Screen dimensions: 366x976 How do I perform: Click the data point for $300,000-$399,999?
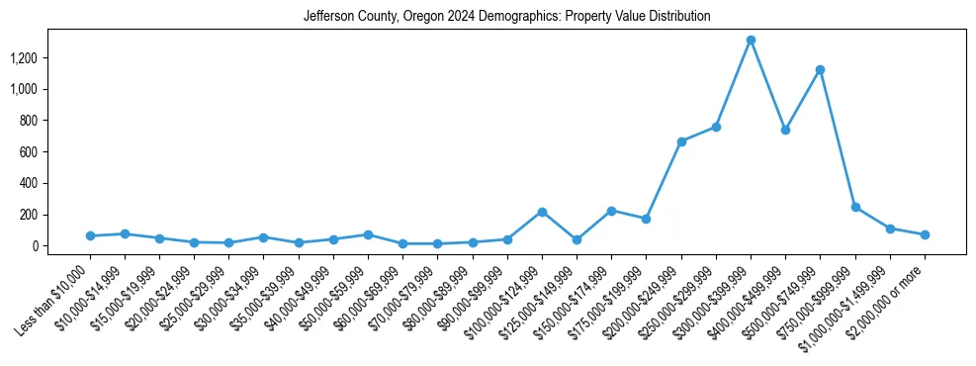(x=751, y=40)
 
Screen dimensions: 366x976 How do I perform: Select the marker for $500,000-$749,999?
(x=820, y=69)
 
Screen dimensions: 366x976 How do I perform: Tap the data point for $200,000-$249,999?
(x=681, y=141)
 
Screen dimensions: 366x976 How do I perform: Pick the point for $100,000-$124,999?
(x=542, y=212)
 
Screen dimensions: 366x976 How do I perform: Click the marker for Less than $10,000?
(x=90, y=235)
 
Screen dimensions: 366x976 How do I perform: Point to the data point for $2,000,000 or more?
(x=925, y=234)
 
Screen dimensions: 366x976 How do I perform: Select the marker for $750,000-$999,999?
(x=855, y=207)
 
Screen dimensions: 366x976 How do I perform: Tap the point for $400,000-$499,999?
(x=785, y=130)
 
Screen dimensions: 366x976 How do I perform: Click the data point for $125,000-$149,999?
(x=577, y=239)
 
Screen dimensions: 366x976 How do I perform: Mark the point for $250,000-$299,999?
(x=716, y=127)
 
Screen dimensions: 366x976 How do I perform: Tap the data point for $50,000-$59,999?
(x=368, y=234)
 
